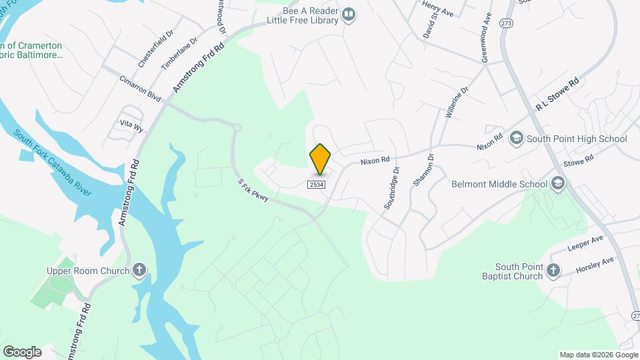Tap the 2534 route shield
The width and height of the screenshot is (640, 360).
point(317,185)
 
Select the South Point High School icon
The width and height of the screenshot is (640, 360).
point(516,139)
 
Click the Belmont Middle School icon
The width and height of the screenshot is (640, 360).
point(558,183)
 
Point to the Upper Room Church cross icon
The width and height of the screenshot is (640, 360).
point(139,270)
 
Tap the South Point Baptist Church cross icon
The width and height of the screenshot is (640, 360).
point(552,270)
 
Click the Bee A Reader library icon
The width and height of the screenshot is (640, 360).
point(349,14)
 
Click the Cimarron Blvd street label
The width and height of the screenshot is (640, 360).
point(141,92)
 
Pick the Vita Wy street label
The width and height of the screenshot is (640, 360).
point(131,126)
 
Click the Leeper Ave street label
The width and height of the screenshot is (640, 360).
point(585,243)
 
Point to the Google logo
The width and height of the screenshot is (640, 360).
point(22,352)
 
